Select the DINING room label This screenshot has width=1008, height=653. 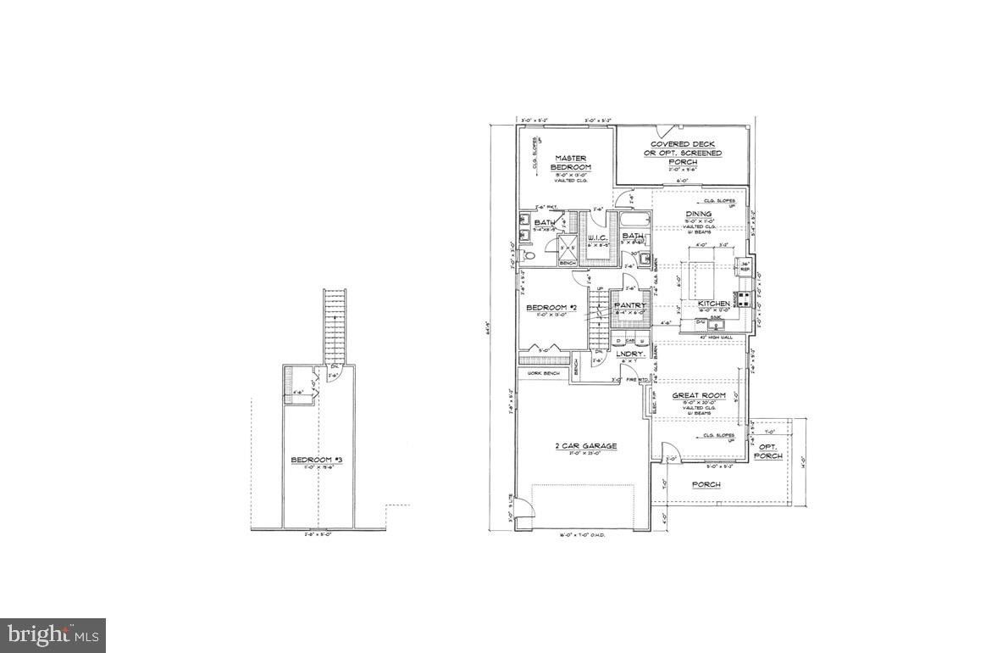pyautogui.click(x=699, y=214)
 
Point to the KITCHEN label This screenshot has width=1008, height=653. pyautogui.click(x=713, y=304)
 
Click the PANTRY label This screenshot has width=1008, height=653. pyautogui.click(x=630, y=305)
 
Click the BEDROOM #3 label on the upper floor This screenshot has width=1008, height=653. pyautogui.click(x=315, y=460)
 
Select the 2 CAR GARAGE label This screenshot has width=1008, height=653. pyautogui.click(x=586, y=446)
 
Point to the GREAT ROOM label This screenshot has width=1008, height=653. pyautogui.click(x=699, y=395)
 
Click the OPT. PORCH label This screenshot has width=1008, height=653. pyautogui.click(x=768, y=451)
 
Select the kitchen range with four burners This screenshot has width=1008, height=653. pyautogui.click(x=743, y=299)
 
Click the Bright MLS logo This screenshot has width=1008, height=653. pyautogui.click(x=53, y=634)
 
